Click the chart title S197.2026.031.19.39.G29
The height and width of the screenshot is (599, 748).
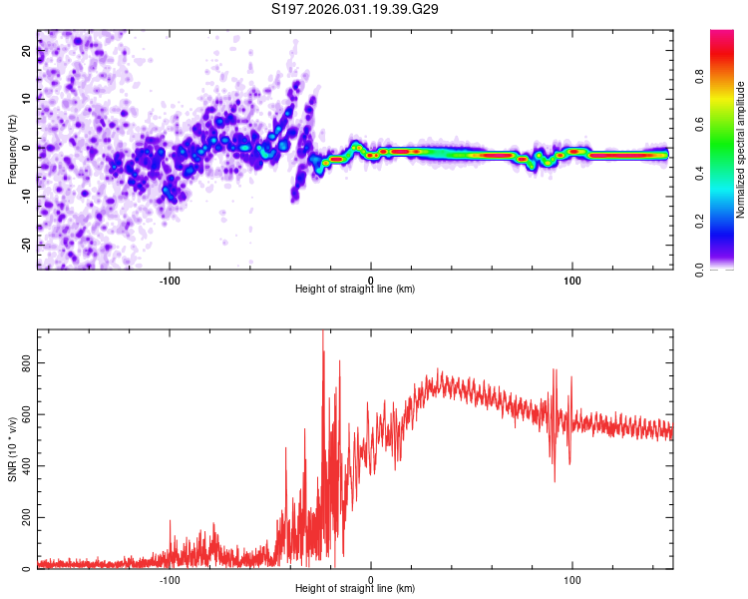click(356, 9)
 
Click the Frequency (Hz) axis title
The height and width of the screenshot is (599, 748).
click(13, 150)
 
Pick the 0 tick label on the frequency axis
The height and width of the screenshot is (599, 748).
click(28, 148)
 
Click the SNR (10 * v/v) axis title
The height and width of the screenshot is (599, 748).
click(13, 449)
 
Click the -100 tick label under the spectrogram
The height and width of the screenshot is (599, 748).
click(169, 280)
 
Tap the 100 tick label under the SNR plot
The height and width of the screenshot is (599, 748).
click(572, 579)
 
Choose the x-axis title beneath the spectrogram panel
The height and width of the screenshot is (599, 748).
click(355, 290)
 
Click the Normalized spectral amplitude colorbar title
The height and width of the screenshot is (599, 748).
click(741, 150)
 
